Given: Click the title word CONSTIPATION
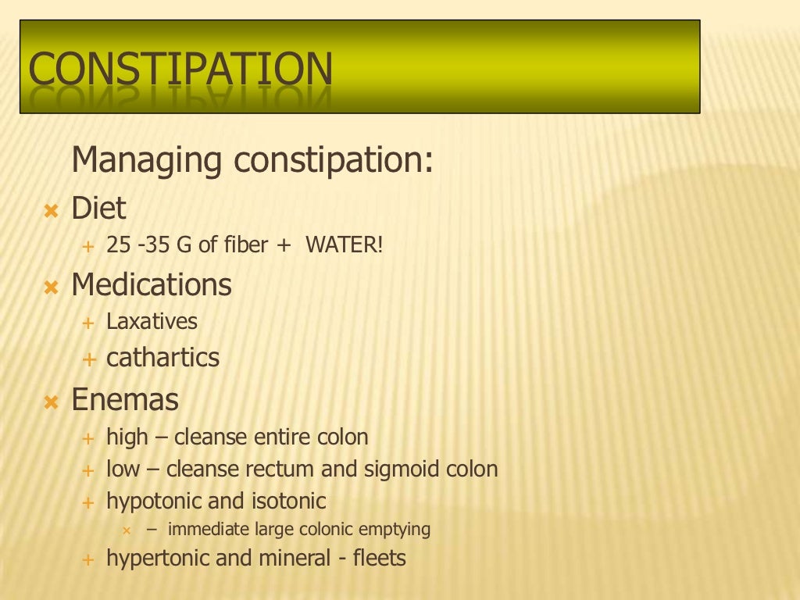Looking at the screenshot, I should [x=180, y=68].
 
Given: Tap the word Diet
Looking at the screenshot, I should [x=98, y=209].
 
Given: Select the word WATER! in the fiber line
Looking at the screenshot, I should [x=345, y=245].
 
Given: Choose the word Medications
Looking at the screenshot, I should [x=152, y=285].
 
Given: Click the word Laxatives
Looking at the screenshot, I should [x=152, y=321].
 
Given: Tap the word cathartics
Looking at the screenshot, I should [x=162, y=358].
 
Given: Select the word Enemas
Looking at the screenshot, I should [x=125, y=400].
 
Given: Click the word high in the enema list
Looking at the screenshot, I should [x=127, y=437].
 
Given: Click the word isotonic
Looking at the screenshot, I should [x=289, y=501].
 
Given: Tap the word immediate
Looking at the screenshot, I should [x=209, y=529].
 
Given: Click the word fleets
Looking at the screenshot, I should [x=380, y=559].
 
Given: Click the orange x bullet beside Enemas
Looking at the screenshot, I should [x=52, y=402].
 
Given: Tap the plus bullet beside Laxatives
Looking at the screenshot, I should [x=88, y=322].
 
